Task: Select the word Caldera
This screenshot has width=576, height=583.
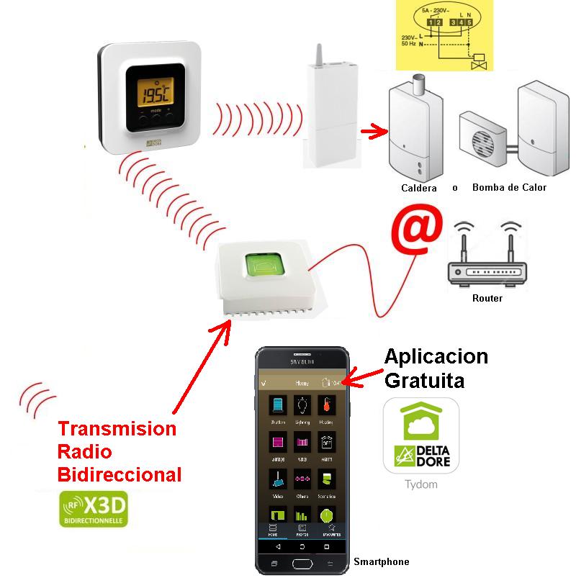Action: click(x=419, y=188)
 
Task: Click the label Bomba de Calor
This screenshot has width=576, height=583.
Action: click(x=509, y=188)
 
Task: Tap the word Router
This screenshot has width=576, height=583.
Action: click(x=487, y=298)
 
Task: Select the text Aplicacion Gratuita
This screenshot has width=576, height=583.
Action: click(x=436, y=368)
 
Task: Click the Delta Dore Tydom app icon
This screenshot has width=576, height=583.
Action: click(x=421, y=435)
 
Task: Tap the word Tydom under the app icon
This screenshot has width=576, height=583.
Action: click(x=421, y=484)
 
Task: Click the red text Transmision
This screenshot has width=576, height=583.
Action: click(x=117, y=429)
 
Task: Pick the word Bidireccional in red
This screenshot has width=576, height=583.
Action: click(x=120, y=474)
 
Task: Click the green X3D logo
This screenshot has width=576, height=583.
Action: click(x=93, y=509)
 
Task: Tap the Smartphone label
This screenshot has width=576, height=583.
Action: click(x=381, y=561)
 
